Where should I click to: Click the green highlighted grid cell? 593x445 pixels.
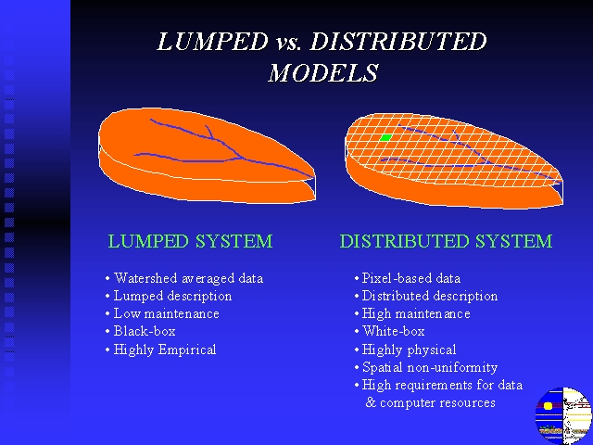(x=385, y=137)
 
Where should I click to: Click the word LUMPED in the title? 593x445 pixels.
(x=213, y=41)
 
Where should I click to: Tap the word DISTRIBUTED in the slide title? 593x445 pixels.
(x=398, y=41)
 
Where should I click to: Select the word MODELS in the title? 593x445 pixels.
(x=323, y=72)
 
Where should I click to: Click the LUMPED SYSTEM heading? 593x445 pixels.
(x=190, y=241)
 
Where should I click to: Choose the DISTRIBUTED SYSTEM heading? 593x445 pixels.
(x=447, y=241)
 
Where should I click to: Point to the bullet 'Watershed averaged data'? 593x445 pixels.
(x=188, y=278)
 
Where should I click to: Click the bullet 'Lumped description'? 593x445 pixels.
(x=173, y=296)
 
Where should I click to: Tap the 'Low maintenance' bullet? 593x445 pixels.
(x=167, y=313)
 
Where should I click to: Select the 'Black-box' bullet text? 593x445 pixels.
(x=145, y=331)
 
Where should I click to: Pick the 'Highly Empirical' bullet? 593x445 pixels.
(x=165, y=350)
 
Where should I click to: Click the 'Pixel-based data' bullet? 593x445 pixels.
(x=411, y=278)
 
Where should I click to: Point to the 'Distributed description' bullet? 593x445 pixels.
(x=430, y=296)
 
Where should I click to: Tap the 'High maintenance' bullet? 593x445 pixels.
(x=416, y=313)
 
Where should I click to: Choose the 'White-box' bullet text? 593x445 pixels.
(x=393, y=331)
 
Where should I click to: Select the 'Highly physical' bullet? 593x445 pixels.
(x=409, y=350)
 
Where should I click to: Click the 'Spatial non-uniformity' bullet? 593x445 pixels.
(x=430, y=367)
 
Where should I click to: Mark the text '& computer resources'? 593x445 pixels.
(x=430, y=402)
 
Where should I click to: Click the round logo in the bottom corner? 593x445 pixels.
(x=563, y=415)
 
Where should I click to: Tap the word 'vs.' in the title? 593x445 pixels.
(x=288, y=44)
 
